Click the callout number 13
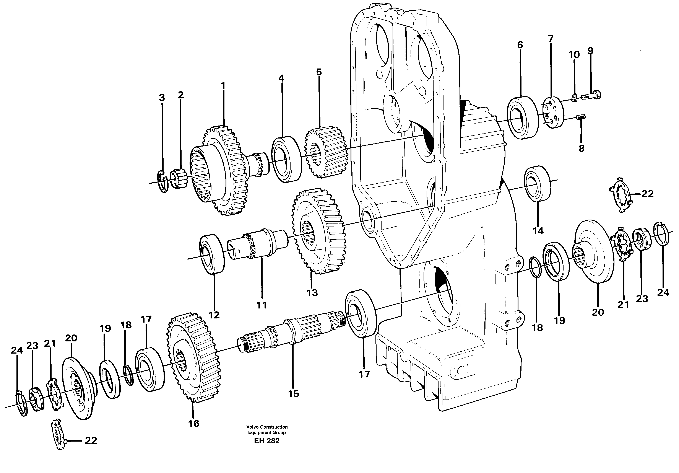click(312, 293)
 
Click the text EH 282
click(266, 449)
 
